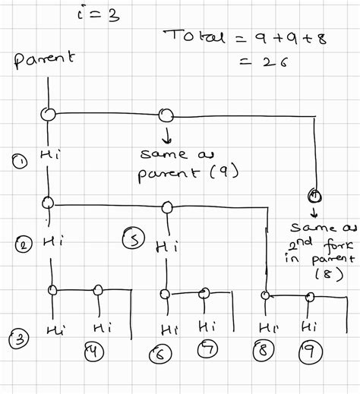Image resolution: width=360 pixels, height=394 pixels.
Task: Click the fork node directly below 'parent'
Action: [49, 115]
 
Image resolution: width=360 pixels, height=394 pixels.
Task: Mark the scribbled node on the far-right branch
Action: [313, 195]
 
